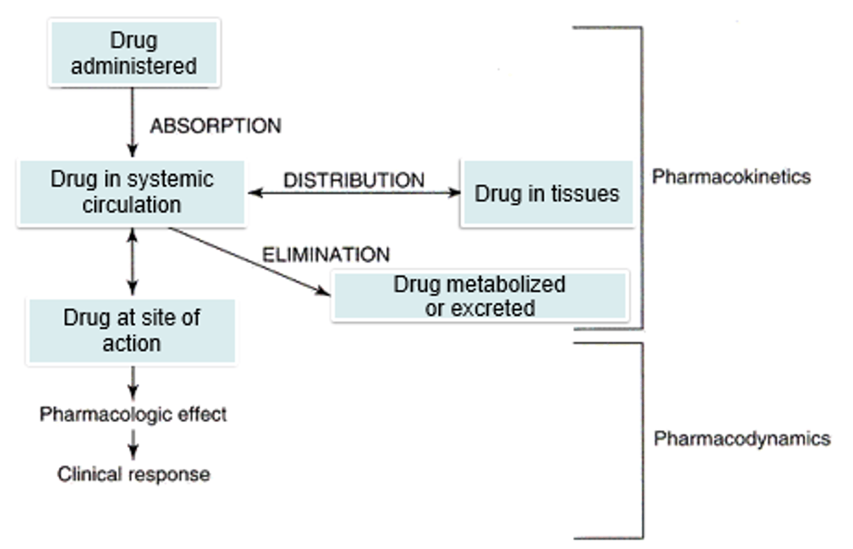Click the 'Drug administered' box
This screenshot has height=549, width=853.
134,53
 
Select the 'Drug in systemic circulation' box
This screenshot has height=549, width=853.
132,192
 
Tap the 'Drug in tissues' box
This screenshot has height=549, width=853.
547,194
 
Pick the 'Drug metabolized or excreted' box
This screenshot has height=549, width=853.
480,296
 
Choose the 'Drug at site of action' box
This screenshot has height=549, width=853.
132,330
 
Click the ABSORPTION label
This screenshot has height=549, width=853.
215,126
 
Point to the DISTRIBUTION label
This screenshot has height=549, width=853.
354,180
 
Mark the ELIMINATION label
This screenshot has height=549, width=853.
326,255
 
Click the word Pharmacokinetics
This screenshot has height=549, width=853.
731,176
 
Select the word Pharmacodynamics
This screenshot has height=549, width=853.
742,439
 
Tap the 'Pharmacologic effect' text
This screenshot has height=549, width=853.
133,414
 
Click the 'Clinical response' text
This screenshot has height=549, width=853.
133,474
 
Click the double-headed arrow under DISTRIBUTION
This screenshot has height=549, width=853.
354,192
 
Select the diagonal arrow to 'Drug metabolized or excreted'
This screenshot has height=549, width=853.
249,261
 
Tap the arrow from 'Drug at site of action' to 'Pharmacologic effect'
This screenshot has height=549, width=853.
133,383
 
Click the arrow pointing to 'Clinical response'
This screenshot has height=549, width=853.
133,444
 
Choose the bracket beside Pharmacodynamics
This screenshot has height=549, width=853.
643,440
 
